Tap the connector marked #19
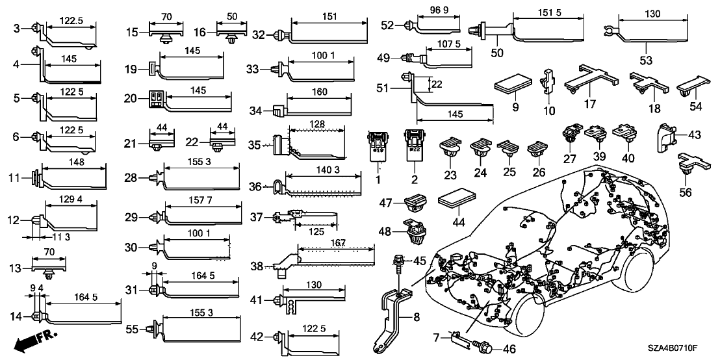(x=378, y=143)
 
